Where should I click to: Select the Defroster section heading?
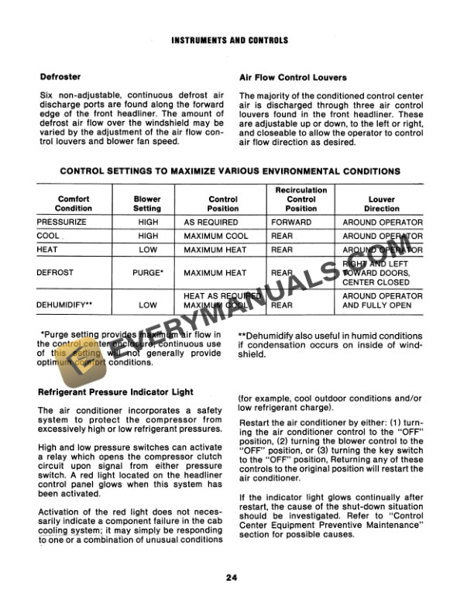tap(60, 78)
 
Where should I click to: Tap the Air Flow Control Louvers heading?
tap(293, 78)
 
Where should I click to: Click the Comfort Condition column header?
tap(74, 203)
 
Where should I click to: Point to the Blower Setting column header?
tap(147, 203)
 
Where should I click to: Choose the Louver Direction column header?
tap(382, 203)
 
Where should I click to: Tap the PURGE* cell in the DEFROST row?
tap(147, 273)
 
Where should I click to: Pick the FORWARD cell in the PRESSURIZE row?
tap(291, 222)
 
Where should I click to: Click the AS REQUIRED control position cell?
tap(211, 222)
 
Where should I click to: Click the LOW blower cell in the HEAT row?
tap(147, 250)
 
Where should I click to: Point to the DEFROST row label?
tap(56, 273)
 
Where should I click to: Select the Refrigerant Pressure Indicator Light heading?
tap(115, 392)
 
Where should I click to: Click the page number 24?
tap(232, 576)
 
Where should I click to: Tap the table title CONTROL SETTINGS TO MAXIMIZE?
tap(230, 171)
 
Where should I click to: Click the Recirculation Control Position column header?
tap(301, 198)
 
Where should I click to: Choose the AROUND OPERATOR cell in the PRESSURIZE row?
tap(382, 222)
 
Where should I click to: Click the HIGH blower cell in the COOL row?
tap(147, 236)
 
